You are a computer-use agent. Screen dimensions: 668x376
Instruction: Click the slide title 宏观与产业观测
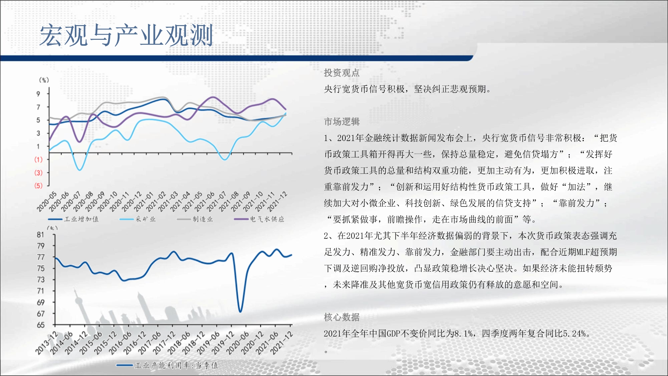[126, 35]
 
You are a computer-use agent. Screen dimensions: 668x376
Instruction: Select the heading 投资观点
[342, 73]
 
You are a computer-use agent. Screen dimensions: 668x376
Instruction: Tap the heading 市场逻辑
[342, 122]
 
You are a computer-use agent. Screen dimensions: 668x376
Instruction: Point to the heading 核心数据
[342, 317]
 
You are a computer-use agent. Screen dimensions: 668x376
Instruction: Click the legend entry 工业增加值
[81, 219]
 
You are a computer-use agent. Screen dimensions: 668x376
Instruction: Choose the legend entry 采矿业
[145, 219]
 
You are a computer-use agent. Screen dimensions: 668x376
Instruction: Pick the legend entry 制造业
[203, 219]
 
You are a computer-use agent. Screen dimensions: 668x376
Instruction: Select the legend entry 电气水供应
[267, 219]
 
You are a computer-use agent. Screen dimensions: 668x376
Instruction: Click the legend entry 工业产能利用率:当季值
[176, 365]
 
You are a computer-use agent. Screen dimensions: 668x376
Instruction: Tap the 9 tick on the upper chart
[38, 94]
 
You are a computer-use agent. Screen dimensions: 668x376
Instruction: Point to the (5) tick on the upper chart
[38, 186]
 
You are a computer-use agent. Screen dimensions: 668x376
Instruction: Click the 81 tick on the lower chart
[40, 235]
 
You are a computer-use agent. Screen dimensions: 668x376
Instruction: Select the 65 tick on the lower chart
[40, 325]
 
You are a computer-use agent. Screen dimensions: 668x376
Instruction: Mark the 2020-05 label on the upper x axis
[47, 202]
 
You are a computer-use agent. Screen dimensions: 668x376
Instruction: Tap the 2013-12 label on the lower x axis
[47, 343]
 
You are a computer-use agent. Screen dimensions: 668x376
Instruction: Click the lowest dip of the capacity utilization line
[240, 311]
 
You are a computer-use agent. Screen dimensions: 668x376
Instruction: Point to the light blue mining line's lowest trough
[79, 170]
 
